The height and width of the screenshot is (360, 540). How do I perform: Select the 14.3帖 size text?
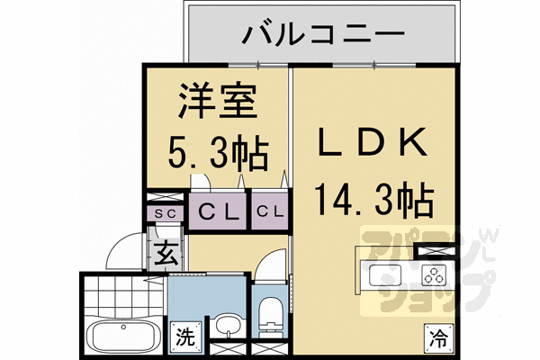[x=371, y=195]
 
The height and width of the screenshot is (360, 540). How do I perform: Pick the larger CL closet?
[x=219, y=213]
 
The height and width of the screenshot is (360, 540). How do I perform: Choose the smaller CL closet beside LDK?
[x=270, y=212]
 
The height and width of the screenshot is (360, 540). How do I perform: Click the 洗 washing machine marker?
[x=184, y=338]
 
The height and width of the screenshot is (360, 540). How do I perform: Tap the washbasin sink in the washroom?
[x=227, y=326]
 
